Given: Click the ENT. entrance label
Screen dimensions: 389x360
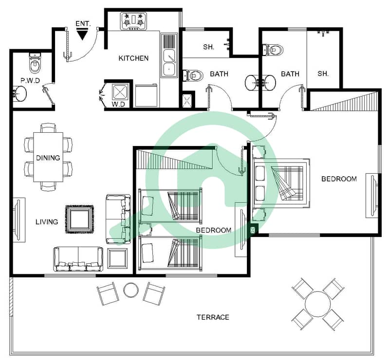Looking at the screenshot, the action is tap(83, 24).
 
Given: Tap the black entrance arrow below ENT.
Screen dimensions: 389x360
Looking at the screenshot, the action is tap(82, 34).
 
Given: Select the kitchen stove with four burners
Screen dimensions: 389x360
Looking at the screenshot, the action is tap(134, 21).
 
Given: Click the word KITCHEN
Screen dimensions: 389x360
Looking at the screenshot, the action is tap(133, 58).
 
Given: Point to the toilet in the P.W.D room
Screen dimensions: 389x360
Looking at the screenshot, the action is tap(35, 63).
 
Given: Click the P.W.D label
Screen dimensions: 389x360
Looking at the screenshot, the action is tap(30, 81).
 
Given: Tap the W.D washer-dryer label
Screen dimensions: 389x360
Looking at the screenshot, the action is tap(118, 105).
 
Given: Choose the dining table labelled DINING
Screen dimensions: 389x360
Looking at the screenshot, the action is tap(48, 157).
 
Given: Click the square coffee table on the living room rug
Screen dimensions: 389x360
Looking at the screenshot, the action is tap(80, 219).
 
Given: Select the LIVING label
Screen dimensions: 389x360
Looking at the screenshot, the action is tap(47, 222).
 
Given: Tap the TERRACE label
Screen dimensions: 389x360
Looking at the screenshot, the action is tap(213, 317).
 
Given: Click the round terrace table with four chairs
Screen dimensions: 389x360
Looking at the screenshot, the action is tap(318, 304).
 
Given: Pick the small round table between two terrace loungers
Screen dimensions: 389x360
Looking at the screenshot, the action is tap(131, 290).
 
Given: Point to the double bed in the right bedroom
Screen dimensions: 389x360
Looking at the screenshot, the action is tap(281, 183).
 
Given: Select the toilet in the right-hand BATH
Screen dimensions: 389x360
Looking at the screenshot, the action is tap(273, 50).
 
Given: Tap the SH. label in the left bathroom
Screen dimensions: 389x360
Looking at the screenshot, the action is tap(208, 47).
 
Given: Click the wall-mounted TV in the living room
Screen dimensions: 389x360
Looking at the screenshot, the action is tap(18, 219).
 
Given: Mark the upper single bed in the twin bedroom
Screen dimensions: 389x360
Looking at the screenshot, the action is tap(170, 205).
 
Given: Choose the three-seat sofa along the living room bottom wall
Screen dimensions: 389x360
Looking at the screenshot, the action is tap(78, 259).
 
